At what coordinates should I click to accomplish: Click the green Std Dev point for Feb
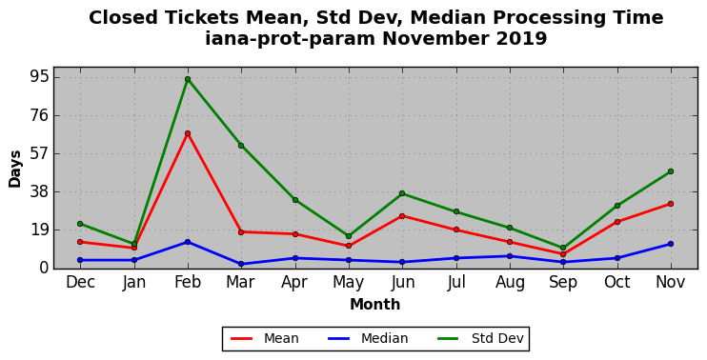[x=188, y=79]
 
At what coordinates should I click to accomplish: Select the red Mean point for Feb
[x=188, y=133]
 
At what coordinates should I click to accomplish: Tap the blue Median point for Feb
[x=188, y=242]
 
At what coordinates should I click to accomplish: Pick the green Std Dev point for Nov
[x=671, y=171]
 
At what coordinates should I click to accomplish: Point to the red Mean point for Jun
[x=402, y=216]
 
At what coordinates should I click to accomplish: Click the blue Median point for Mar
[x=241, y=264]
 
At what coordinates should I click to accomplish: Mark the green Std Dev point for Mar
[x=241, y=146]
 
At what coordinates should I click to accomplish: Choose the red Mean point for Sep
[x=563, y=254]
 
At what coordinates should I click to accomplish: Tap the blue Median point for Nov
[x=671, y=244]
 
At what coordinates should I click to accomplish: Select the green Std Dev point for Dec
[x=80, y=224]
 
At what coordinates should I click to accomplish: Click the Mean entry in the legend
[x=265, y=338]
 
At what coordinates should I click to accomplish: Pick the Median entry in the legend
[x=368, y=338]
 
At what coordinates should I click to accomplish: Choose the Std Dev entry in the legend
[x=480, y=338]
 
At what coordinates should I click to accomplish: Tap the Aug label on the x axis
[x=510, y=283]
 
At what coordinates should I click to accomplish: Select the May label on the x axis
[x=349, y=283]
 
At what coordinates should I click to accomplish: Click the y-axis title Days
[x=15, y=169]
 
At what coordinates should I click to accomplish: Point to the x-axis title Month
[x=375, y=305]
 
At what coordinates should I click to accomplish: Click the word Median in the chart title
[x=446, y=18]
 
